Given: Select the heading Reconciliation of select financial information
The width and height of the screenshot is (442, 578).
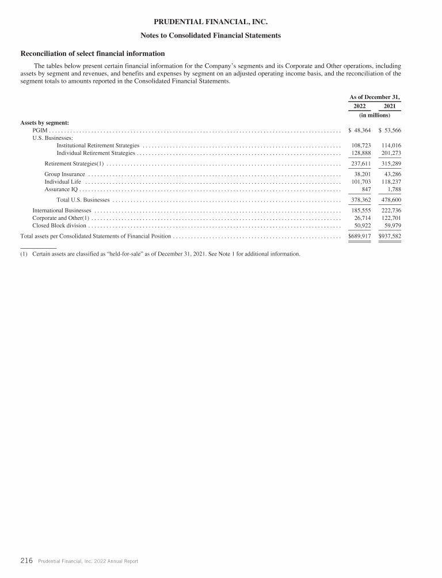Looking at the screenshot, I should pyautogui.click(x=93, y=54).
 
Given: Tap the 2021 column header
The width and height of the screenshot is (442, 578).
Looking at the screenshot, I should pyautogui.click(x=389, y=106).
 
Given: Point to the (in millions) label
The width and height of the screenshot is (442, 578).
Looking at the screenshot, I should pyautogui.click(x=374, y=115).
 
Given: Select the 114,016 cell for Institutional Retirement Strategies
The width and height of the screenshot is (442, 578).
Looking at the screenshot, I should pyautogui.click(x=391, y=146).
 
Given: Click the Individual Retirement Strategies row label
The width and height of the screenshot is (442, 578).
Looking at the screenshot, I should pyautogui.click(x=96, y=153).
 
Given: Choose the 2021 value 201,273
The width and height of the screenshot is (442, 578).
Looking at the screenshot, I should pyautogui.click(x=391, y=153).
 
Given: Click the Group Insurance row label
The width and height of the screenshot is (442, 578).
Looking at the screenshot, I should pyautogui.click(x=64, y=174).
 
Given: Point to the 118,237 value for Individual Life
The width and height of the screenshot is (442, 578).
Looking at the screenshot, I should pyautogui.click(x=391, y=181).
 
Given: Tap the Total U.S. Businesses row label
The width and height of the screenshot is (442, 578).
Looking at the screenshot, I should pyautogui.click(x=83, y=200).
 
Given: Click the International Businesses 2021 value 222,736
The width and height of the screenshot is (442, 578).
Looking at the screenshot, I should pyautogui.click(x=391, y=211).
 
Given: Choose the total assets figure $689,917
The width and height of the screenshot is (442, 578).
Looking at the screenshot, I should pyautogui.click(x=360, y=237).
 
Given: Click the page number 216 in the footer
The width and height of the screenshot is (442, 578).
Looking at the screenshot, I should pyautogui.click(x=26, y=560).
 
